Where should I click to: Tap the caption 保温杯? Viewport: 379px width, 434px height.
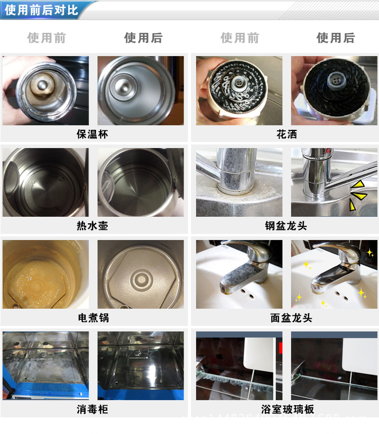[92, 134]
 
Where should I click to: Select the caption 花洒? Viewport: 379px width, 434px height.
[287, 134]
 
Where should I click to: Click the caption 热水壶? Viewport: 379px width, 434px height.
[92, 226]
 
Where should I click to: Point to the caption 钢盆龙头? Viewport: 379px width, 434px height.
[286, 226]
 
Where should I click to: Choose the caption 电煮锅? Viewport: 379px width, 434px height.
[93, 318]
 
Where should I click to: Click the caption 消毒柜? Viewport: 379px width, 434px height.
[92, 409]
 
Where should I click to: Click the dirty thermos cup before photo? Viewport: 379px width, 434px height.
[45, 90]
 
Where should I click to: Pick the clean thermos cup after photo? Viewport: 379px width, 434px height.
[140, 90]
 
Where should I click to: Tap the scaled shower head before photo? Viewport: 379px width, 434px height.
[239, 90]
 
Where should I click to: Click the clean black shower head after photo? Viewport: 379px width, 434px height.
[334, 90]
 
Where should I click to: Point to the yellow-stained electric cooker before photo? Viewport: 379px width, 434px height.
[45, 274]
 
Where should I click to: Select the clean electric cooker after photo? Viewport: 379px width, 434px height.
[140, 274]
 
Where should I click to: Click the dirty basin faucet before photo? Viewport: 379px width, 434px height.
[239, 274]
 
